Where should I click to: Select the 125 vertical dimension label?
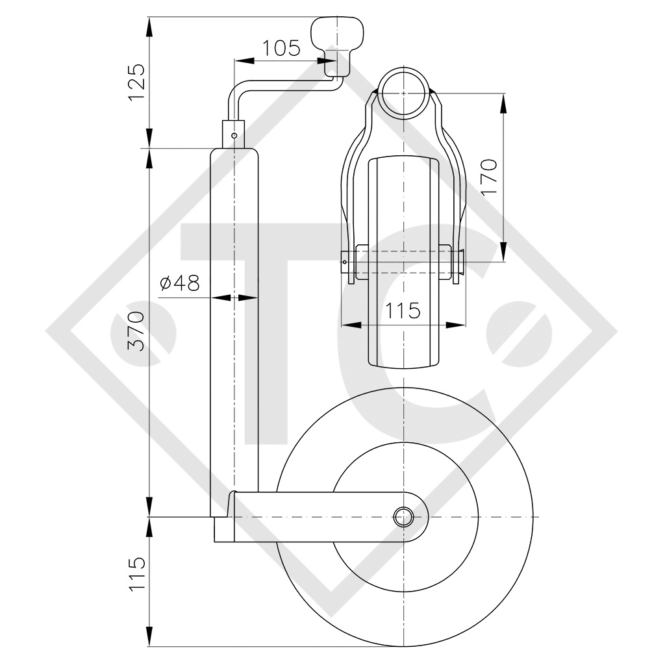tap(137, 82)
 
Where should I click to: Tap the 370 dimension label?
tap(137, 331)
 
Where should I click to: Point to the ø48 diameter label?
tap(180, 283)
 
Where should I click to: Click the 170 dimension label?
tap(490, 177)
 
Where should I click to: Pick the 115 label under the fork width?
tap(403, 310)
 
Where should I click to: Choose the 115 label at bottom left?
tap(137, 574)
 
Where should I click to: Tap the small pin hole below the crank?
tap(234, 135)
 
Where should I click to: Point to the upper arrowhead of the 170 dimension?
tap(503, 103)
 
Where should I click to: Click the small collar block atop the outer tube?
tap(234, 134)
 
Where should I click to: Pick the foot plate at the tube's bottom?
tap(224, 529)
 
